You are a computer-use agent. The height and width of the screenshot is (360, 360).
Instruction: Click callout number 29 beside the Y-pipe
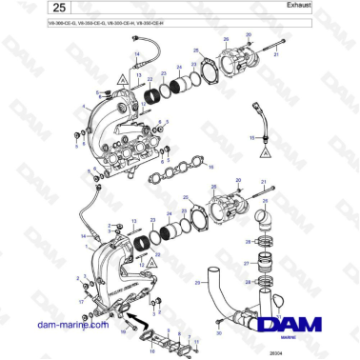[198, 283]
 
